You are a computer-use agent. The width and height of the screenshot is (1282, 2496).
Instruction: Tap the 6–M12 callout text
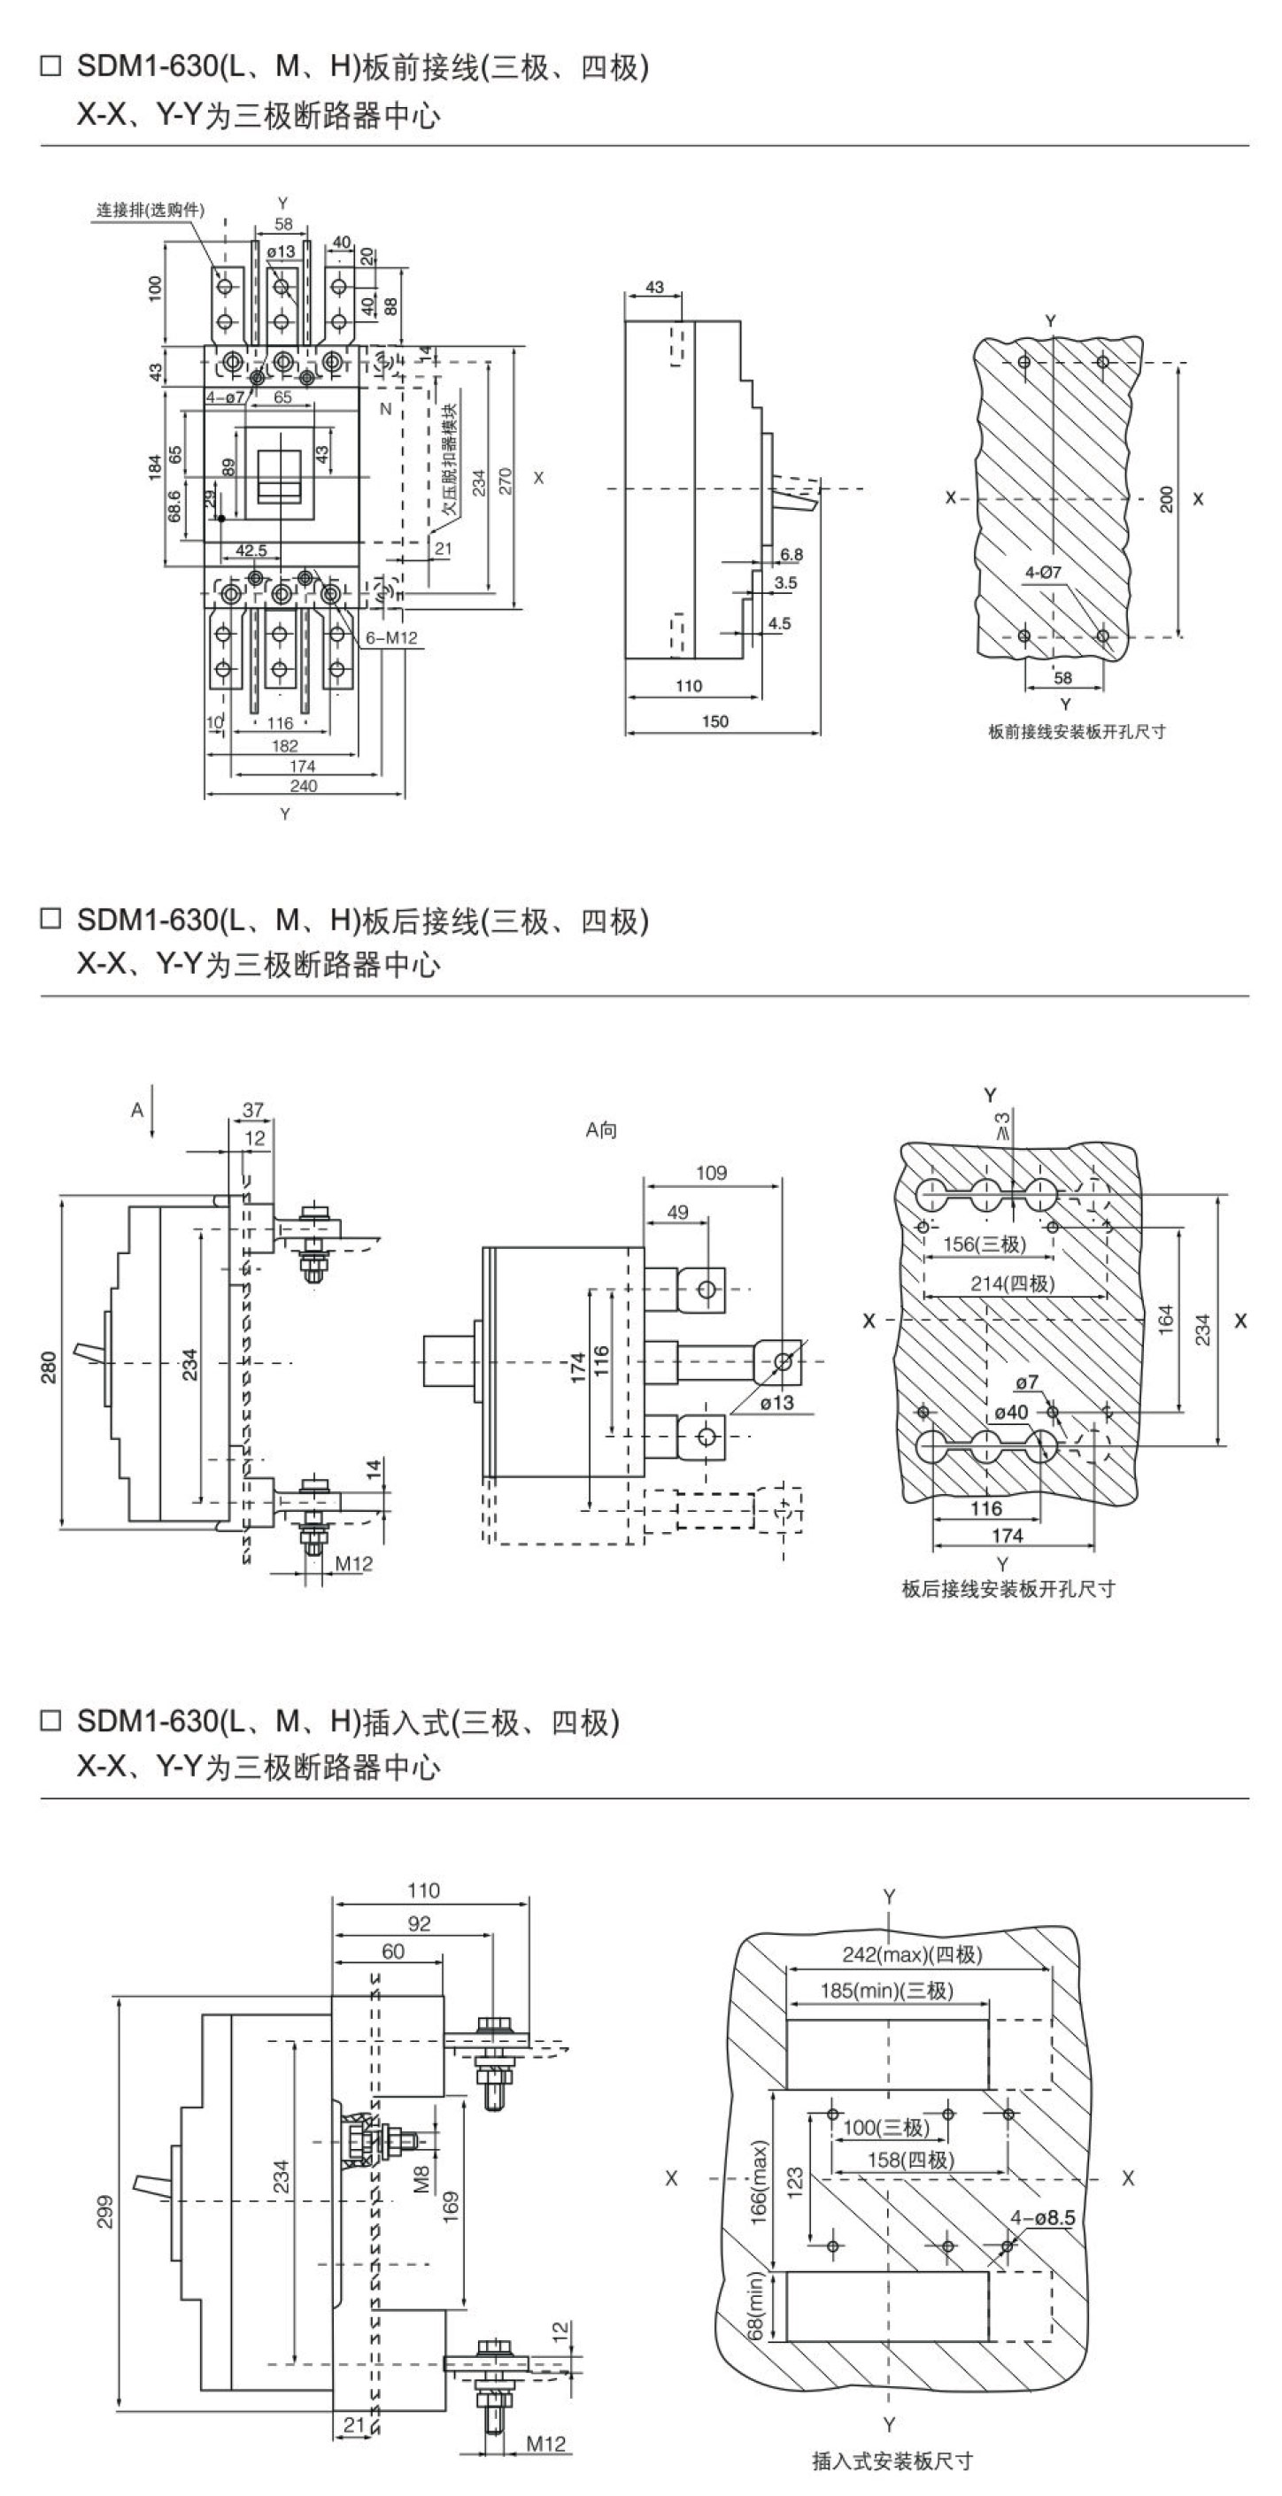tap(391, 637)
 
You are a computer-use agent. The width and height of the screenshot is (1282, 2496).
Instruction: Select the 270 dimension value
tap(505, 481)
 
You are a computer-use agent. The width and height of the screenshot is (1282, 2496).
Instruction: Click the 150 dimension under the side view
tap(714, 720)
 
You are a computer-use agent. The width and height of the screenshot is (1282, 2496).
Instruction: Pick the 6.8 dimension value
tap(792, 555)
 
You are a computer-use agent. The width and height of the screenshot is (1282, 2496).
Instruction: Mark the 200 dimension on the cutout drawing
tap(1167, 499)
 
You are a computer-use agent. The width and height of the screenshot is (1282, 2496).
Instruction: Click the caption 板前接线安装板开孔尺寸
tap(1077, 732)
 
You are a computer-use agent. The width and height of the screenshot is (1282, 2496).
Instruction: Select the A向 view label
tap(601, 1129)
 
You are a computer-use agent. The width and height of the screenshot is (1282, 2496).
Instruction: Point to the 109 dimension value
tap(711, 1174)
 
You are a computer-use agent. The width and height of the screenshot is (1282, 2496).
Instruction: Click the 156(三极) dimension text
tap(985, 1244)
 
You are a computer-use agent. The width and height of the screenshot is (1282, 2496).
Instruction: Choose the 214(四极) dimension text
tap(1013, 1284)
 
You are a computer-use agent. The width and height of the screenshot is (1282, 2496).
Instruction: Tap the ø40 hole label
tap(1011, 1412)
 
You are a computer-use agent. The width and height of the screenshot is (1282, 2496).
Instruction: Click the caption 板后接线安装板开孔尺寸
tap(1008, 1589)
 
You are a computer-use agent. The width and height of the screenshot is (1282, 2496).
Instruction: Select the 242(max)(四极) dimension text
tap(912, 1954)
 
